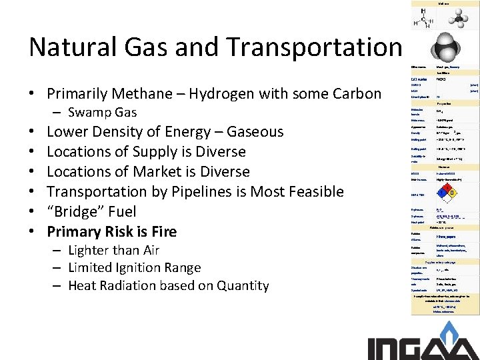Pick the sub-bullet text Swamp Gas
coord(102,112)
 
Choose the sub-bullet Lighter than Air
coord(114,250)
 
